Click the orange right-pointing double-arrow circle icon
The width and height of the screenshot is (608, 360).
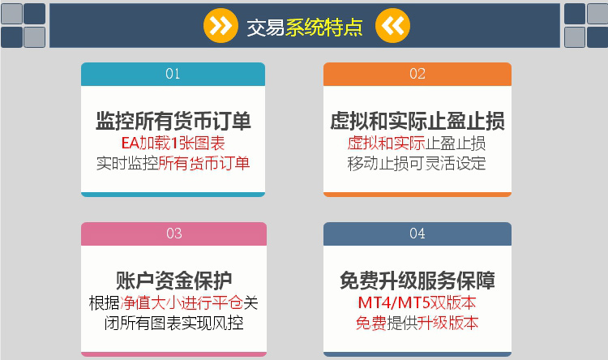[221, 26]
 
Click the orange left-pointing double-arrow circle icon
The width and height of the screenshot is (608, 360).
[392, 26]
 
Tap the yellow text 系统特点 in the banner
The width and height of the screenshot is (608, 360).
[324, 28]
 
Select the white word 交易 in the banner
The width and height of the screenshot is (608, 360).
[266, 28]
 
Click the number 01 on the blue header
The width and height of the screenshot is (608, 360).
[173, 74]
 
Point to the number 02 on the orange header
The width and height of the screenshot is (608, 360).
[417, 74]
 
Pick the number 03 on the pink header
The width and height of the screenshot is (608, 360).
[174, 234]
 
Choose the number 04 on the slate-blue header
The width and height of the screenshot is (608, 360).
[417, 234]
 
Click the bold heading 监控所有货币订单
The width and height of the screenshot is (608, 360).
[173, 121]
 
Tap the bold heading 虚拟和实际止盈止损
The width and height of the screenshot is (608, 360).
[417, 121]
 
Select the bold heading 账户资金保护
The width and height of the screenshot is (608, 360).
[173, 281]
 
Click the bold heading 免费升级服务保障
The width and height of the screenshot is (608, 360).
[417, 281]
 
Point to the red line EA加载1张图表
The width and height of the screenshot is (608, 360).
[173, 144]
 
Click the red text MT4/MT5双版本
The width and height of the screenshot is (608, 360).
[417, 302]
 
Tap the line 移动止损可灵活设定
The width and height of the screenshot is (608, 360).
[417, 163]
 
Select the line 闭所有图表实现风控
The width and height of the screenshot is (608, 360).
[173, 323]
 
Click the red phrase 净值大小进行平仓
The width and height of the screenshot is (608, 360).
[182, 302]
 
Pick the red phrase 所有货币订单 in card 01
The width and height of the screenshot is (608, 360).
[204, 163]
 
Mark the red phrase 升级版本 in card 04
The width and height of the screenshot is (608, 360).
[447, 323]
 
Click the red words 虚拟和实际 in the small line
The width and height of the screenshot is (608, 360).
[386, 144]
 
